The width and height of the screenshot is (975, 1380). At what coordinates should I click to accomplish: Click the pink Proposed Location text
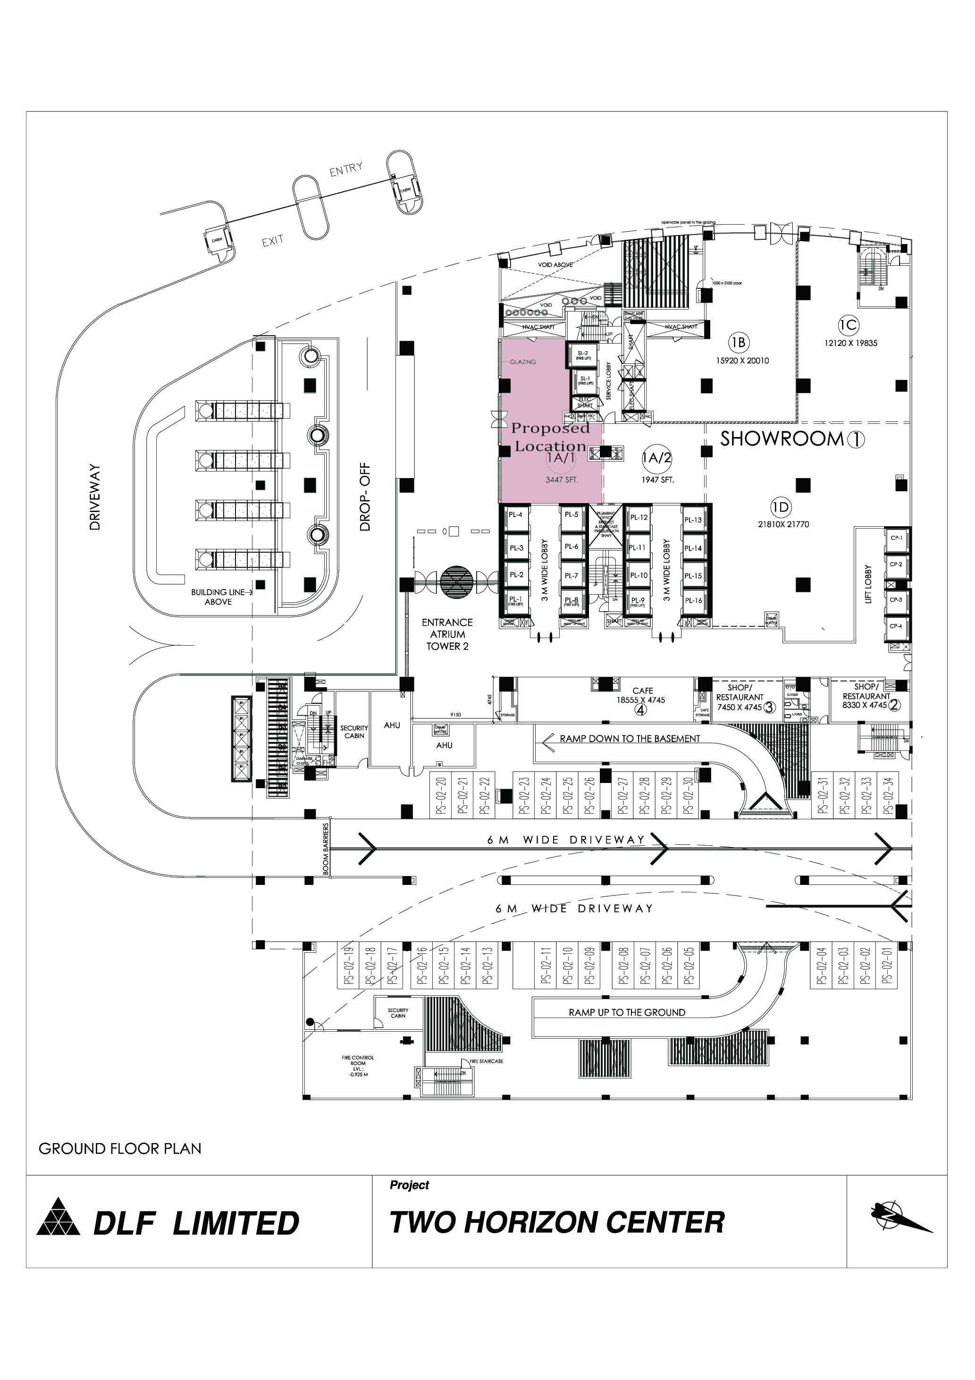549,437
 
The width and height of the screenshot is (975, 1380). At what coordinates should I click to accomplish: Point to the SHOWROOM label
782,439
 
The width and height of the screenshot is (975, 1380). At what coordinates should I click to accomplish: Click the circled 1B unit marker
738,343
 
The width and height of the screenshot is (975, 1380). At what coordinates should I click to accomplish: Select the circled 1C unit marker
848,325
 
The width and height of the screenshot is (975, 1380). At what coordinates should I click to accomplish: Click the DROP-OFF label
365,496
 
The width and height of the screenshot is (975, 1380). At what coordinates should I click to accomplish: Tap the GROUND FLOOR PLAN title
119,1149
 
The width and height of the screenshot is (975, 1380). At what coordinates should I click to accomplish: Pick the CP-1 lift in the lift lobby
896,539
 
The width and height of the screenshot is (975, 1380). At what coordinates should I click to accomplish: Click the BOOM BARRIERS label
326,849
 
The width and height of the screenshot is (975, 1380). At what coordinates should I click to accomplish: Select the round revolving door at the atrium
457,580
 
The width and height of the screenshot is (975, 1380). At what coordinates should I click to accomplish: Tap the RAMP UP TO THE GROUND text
627,1012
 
